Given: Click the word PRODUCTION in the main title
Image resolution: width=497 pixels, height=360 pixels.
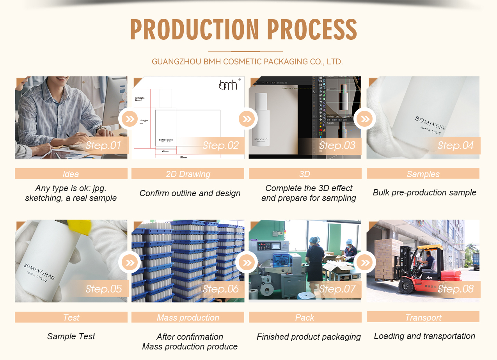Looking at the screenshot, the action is pyautogui.click(x=194, y=30).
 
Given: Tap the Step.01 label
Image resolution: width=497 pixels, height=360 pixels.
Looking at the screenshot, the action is pyautogui.click(x=103, y=146).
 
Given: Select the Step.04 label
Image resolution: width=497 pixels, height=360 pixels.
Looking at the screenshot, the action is pyautogui.click(x=455, y=146).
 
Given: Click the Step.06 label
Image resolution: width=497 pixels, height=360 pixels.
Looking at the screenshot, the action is pyautogui.click(x=220, y=289).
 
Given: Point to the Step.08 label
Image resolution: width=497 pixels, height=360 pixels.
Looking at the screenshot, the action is pyautogui.click(x=455, y=289).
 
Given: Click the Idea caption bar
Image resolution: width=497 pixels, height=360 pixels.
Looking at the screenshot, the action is pyautogui.click(x=71, y=174).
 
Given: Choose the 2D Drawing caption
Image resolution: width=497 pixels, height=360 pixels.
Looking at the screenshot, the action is pyautogui.click(x=188, y=174).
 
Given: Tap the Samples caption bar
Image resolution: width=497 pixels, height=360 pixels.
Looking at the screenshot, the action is pyautogui.click(x=423, y=174).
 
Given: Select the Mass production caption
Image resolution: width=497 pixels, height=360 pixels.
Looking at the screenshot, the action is pyautogui.click(x=188, y=317).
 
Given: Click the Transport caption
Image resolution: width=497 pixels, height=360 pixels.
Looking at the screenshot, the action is pyautogui.click(x=423, y=317).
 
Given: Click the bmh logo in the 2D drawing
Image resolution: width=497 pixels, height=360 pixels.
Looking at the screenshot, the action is pyautogui.click(x=228, y=85).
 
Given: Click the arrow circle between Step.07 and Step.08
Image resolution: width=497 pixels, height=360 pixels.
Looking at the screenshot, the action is pyautogui.click(x=365, y=262).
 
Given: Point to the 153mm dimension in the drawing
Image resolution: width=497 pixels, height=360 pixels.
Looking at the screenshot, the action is pyautogui.click(x=183, y=157).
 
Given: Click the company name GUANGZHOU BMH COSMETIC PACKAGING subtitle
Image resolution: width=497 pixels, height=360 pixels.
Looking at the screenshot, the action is pyautogui.click(x=247, y=62).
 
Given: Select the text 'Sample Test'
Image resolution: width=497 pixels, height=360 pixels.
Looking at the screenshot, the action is pyautogui.click(x=71, y=336).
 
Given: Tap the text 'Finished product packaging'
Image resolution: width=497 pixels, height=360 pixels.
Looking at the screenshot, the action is pyautogui.click(x=309, y=337).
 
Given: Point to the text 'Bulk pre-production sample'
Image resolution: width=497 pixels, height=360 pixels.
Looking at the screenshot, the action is pyautogui.click(x=424, y=193).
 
